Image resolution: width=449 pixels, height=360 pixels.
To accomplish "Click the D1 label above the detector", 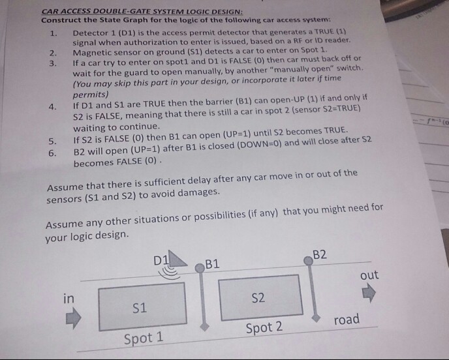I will coord(160,260).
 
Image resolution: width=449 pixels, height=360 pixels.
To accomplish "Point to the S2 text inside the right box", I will coord(258,298).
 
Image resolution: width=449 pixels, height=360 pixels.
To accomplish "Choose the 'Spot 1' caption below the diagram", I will coord(144,338).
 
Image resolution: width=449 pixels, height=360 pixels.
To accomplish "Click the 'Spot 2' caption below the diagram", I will coord(264,327).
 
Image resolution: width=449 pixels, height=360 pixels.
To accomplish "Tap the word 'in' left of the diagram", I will coord(68,298).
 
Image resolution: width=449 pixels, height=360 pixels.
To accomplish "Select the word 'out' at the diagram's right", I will coord(369,275).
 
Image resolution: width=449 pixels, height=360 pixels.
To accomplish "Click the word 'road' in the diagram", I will coord(347,319).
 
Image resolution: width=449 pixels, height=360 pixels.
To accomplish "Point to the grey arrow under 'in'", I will coord(73,320).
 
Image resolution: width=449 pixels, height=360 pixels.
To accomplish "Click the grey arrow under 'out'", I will coord(369,295).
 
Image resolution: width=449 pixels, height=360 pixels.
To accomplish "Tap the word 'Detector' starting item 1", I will coord(91,32).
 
